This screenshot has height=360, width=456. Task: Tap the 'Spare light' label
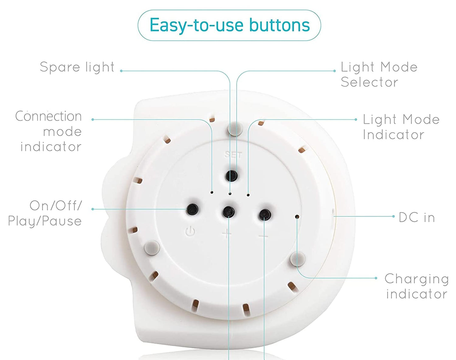click(77, 68)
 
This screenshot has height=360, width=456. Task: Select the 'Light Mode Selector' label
click(379, 74)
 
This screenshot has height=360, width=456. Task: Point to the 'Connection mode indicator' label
click(49, 131)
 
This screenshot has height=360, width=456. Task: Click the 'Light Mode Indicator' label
click(401, 127)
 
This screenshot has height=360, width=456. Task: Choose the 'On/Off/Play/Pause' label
click(45, 214)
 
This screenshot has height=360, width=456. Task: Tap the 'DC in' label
click(417, 218)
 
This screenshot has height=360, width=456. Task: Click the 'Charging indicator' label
click(417, 286)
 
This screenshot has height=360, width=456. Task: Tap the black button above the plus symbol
click(229, 212)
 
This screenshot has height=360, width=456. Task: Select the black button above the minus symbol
click(265, 215)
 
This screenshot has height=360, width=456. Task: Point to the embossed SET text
click(233, 155)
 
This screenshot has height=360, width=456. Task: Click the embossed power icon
click(190, 231)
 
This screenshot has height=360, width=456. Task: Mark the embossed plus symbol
click(227, 234)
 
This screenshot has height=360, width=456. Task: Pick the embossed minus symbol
click(264, 236)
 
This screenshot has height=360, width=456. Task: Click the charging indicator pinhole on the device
click(297, 216)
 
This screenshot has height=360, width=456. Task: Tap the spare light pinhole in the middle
click(230, 194)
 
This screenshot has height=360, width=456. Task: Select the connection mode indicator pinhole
click(212, 192)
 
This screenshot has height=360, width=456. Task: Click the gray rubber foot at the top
click(235, 128)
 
